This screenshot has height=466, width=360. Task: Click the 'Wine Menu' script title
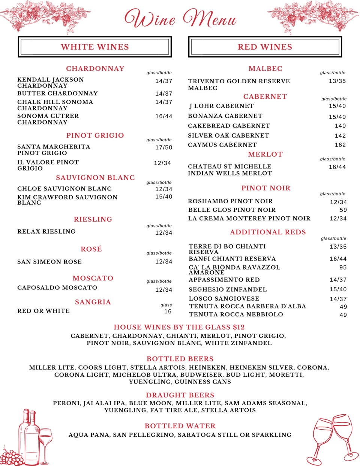tap(180, 19)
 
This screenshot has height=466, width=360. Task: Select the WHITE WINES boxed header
tap(95, 47)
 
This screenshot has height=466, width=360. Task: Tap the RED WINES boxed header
tap(265, 47)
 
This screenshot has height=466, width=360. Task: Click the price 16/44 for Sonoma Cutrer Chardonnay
tap(164, 116)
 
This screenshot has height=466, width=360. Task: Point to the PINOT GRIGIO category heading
tap(95, 135)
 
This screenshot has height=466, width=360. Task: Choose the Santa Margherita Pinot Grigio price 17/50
tap(164, 147)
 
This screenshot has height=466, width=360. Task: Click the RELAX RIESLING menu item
tap(46, 232)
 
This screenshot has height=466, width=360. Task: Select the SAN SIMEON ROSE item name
tap(49, 262)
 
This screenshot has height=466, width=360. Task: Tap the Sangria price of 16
tap(168, 312)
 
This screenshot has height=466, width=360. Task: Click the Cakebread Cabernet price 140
tap(340, 126)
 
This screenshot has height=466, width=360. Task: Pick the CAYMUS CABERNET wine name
tap(222, 145)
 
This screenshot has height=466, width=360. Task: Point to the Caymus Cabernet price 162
tap(340, 145)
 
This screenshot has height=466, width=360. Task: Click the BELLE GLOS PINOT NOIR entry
tap(232, 210)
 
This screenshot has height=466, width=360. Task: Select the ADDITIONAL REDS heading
tap(268, 232)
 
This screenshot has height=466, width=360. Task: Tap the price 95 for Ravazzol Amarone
tap(343, 267)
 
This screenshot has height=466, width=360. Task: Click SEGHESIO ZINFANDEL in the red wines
tap(228, 289)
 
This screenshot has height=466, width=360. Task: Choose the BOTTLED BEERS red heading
tap(180, 359)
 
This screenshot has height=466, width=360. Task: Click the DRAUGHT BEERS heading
tap(180, 395)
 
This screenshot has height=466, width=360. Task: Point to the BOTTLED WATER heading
tap(180, 426)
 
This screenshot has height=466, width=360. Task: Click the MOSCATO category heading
tap(93, 278)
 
